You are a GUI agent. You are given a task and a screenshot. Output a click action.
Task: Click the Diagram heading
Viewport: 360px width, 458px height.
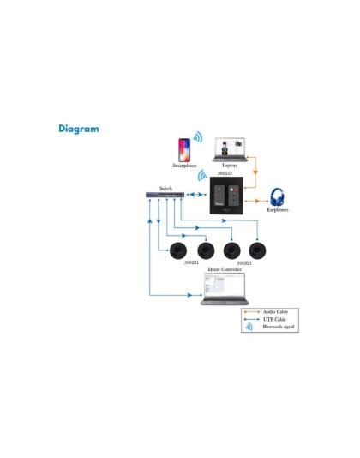point(78,130)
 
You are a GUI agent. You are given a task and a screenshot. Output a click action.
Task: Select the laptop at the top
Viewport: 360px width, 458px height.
point(229,148)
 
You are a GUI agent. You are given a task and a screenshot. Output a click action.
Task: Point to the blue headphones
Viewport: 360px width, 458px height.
point(278,196)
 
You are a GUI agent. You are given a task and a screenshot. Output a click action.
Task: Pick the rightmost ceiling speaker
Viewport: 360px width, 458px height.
point(255,250)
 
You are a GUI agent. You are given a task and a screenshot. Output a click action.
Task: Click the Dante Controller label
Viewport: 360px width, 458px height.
point(225,269)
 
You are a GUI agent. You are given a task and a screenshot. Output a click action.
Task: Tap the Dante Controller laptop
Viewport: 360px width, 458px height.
point(225,290)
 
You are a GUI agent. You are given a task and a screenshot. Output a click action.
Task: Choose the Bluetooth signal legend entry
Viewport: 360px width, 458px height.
point(278,328)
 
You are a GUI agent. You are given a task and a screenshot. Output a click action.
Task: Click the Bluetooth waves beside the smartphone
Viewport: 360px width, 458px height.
point(198,138)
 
